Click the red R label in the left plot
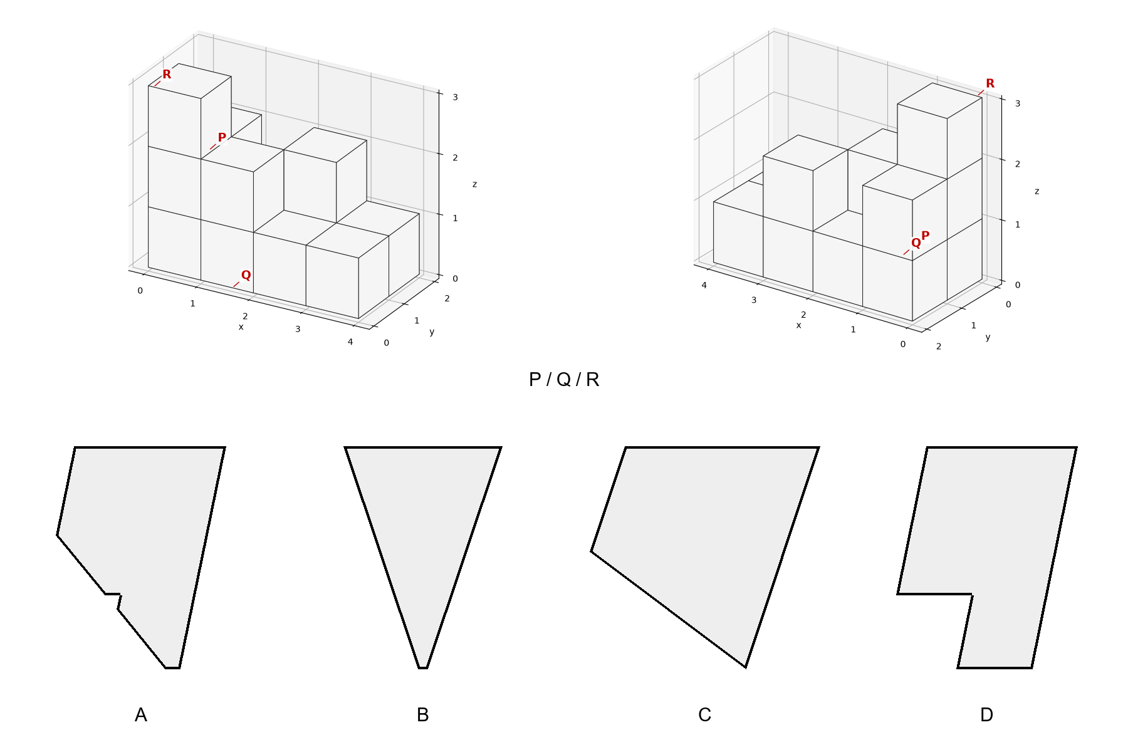point(167,75)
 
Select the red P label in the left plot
point(222,138)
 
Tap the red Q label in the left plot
point(246,275)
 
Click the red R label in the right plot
point(990,83)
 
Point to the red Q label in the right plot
point(916,243)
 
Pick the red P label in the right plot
point(926,236)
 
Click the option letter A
point(141,715)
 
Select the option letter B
point(423,715)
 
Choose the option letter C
point(705,715)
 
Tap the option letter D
point(986,715)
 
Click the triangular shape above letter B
point(423,533)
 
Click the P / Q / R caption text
point(564,380)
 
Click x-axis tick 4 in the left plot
point(350,342)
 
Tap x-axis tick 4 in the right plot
point(704,286)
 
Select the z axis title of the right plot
point(1037,191)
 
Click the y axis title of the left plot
point(432,332)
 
